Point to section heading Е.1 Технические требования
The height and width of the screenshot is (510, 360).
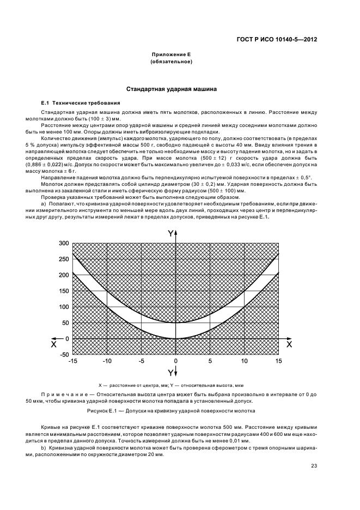(81, 103)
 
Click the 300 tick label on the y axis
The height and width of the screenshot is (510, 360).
(64, 243)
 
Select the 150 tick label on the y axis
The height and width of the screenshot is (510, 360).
(64, 291)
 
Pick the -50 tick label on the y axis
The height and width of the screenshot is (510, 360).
(64, 355)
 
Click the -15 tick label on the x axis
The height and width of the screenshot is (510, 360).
(73, 361)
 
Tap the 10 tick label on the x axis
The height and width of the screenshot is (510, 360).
(244, 361)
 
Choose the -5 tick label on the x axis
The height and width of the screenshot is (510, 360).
(142, 361)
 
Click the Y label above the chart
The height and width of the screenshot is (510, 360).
(172, 233)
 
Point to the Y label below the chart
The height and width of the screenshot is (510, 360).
(172, 373)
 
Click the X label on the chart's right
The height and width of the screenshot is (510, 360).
(289, 344)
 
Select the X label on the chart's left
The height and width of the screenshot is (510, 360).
(53, 344)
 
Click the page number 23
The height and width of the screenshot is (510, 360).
(314, 465)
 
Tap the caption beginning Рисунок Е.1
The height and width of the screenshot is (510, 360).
(171, 410)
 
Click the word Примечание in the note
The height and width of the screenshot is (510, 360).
(63, 393)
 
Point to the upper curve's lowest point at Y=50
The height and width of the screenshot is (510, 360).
(175, 323)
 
